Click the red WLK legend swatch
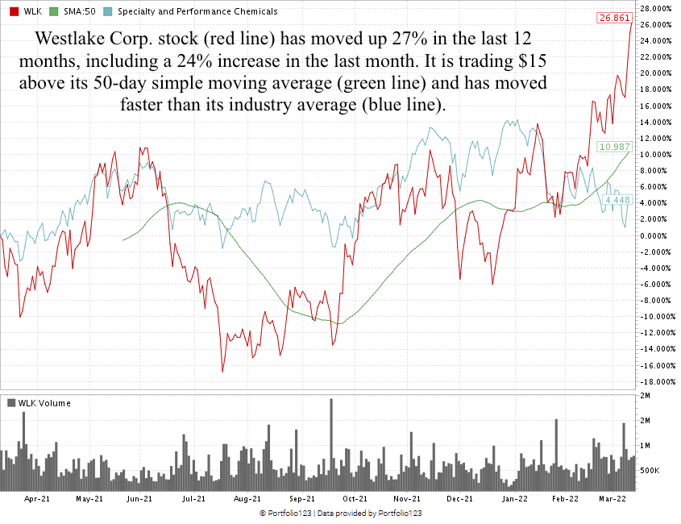(14, 11)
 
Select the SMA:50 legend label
(80, 11)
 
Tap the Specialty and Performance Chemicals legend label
(197, 11)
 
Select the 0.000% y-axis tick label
(657, 235)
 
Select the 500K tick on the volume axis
(650, 470)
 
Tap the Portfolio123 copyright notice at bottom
(341, 514)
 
